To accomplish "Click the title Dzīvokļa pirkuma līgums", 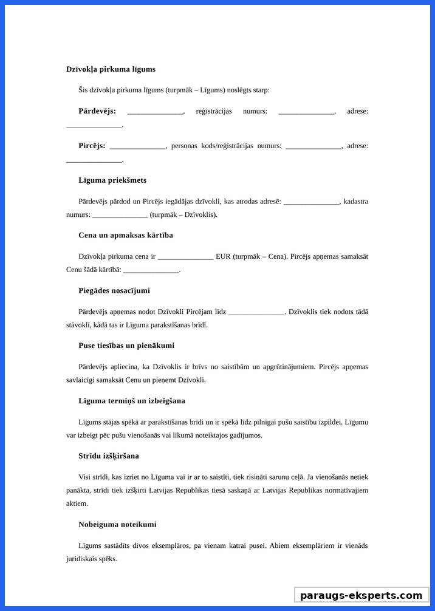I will tap(111, 69).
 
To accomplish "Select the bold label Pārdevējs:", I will tap(97, 111).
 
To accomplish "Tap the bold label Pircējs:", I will tap(92, 146).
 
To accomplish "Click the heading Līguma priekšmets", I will tap(112, 180).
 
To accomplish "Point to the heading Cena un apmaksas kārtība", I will tap(126, 235).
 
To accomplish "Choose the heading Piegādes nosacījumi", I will tap(114, 290).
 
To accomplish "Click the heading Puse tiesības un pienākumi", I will tap(126, 346).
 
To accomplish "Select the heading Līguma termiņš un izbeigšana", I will tap(132, 401).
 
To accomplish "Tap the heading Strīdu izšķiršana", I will tap(109, 456).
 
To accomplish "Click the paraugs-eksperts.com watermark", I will tap(361, 595).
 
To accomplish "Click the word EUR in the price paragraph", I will tap(223, 256).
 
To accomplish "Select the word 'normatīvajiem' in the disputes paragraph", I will tap(347, 490).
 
